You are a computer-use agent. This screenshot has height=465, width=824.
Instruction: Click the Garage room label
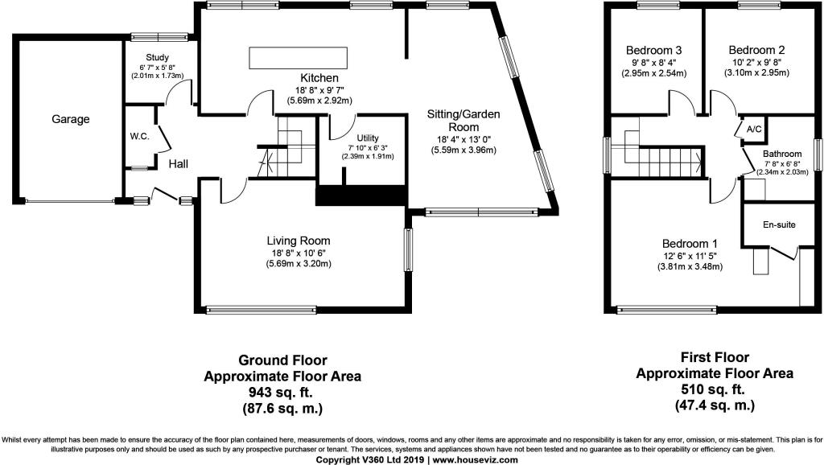coord(71,119)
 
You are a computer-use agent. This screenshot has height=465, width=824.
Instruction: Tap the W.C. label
coord(140,137)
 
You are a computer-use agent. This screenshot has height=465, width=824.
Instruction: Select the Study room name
coord(157,58)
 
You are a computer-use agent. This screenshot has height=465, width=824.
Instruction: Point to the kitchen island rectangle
coord(298,58)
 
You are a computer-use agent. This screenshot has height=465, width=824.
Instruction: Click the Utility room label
coord(367,138)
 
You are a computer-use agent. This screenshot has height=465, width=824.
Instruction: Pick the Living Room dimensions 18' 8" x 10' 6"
coord(299,253)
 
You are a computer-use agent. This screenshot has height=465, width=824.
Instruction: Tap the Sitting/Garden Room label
coord(463,121)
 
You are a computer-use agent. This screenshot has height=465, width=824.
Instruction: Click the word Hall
coord(178,164)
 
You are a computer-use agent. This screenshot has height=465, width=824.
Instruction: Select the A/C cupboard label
coord(754,130)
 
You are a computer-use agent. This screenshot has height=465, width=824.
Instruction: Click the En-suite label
coord(779,225)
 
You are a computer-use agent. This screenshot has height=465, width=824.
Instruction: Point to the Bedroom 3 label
coord(653,51)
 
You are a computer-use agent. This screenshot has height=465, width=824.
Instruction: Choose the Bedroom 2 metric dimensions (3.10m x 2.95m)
coord(756,73)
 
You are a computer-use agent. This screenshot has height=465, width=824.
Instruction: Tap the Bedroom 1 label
coord(690,244)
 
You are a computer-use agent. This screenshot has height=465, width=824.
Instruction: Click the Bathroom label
coord(782,154)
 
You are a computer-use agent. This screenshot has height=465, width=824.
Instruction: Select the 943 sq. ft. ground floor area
coord(282,393)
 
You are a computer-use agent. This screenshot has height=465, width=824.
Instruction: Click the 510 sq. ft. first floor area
coord(715,390)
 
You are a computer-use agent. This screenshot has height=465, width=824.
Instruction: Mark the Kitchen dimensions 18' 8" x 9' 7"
coord(319,90)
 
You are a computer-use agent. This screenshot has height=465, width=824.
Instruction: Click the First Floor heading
coord(715,358)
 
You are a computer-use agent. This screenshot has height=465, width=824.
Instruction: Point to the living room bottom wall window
coord(262,310)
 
